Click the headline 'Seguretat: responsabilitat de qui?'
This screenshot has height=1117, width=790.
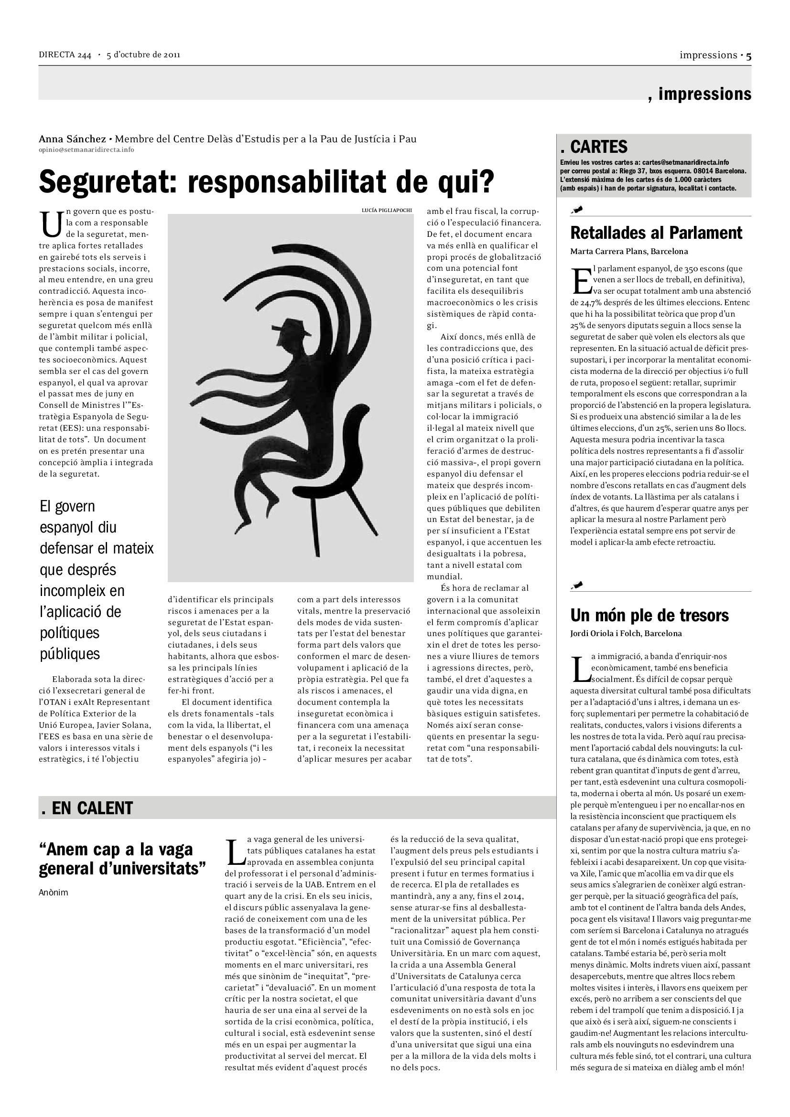(266, 181)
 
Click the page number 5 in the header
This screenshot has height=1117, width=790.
(748, 56)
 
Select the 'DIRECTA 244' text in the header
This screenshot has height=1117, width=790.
(65, 55)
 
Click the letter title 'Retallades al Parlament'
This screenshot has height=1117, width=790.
(656, 233)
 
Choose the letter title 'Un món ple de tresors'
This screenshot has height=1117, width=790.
(649, 616)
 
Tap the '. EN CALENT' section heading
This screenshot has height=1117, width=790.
(87, 808)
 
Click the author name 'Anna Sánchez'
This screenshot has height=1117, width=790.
(72, 139)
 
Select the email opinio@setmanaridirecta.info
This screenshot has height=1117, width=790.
(86, 150)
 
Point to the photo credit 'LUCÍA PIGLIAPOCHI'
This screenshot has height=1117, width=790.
(387, 210)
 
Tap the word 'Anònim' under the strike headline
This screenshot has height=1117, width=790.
(53, 893)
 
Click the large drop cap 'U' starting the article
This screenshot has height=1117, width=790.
(51, 224)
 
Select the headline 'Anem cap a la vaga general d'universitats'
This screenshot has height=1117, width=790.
(122, 859)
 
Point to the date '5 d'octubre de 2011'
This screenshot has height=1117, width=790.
(143, 55)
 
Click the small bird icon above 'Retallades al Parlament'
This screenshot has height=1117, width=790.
(578, 210)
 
